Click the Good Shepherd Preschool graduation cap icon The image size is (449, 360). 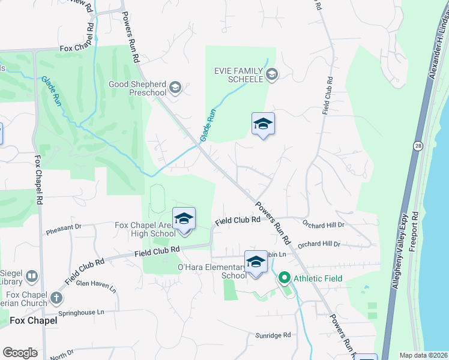point(175,88)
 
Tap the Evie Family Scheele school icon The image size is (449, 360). point(271,74)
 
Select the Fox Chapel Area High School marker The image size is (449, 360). point(184,220)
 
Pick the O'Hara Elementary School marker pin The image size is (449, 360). point(256,262)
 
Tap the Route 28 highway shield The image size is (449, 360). point(417,145)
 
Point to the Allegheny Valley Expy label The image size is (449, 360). point(401,251)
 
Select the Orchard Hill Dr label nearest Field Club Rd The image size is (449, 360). point(324,224)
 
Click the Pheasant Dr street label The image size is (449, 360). point(63,227)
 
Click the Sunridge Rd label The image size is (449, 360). point(273,335)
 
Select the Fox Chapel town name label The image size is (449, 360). point(34,320)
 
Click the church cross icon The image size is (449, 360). point(56,298)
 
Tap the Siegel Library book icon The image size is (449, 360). point(32,277)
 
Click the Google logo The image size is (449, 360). point(20,353)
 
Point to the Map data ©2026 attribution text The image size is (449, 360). point(423,355)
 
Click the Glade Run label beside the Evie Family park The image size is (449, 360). point(207,125)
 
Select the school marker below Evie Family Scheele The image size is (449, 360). point(263,124)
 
